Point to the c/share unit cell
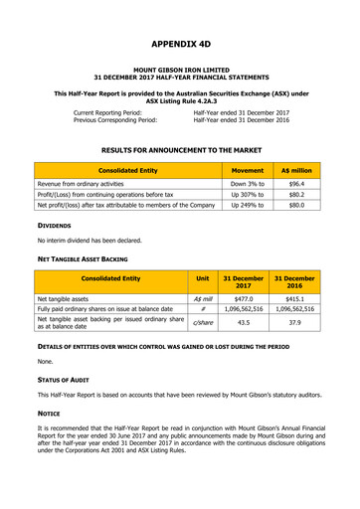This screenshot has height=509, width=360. click(x=203, y=322)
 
